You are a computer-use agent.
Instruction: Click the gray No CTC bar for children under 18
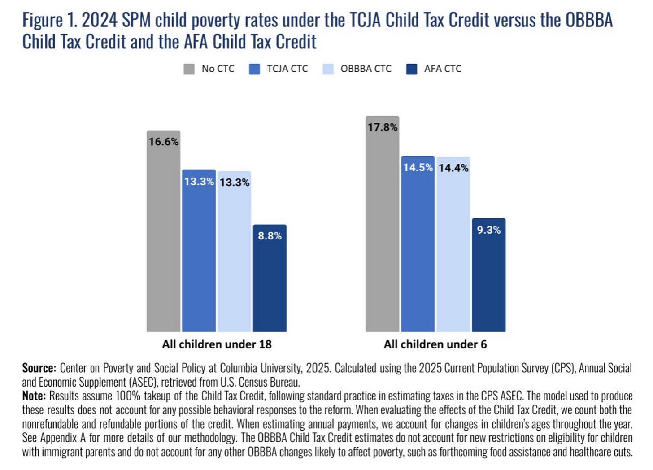point(164,231)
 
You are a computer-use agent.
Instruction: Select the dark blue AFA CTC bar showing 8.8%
point(270,278)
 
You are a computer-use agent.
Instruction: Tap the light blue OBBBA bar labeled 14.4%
point(453,244)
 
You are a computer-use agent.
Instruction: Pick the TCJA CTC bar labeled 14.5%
point(418,244)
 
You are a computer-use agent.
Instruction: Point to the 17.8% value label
point(383,127)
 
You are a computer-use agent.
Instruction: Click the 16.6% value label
point(164,142)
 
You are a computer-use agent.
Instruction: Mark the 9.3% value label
point(489,230)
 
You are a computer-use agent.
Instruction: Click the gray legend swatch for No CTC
point(189,69)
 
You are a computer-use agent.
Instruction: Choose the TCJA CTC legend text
point(287,69)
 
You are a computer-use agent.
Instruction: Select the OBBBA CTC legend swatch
point(328,69)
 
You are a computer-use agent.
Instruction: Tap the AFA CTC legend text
point(443,69)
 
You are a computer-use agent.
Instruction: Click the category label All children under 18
point(217,344)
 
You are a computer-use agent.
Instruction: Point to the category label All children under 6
point(435,344)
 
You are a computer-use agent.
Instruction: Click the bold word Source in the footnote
point(39,368)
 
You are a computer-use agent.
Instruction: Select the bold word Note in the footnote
point(34,396)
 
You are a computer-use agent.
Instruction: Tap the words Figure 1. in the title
point(50,21)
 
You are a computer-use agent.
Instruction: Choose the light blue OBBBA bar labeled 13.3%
point(234,251)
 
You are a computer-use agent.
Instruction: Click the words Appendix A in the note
point(63,438)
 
